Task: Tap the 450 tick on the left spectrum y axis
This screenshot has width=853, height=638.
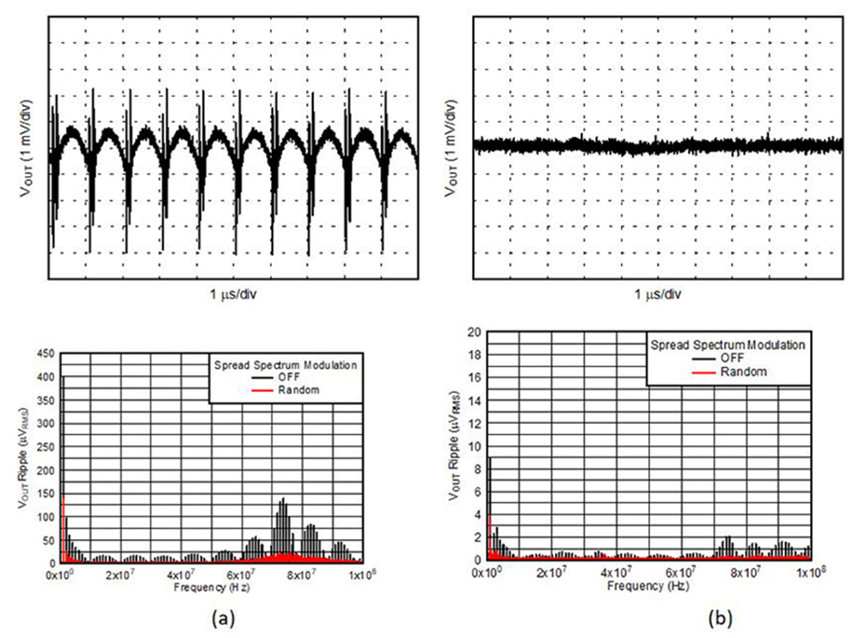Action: tap(46, 353)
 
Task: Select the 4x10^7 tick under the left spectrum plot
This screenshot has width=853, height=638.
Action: tap(182, 574)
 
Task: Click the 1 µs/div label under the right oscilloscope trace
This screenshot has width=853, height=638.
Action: tap(660, 295)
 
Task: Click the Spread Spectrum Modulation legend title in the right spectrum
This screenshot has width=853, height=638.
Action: tap(727, 344)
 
